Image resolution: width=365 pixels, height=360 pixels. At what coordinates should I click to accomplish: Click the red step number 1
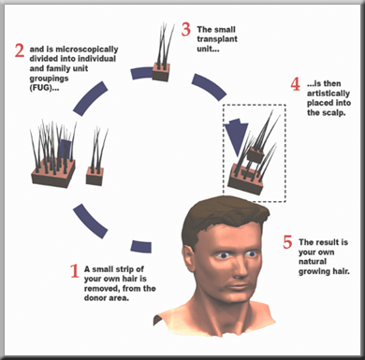[74, 271]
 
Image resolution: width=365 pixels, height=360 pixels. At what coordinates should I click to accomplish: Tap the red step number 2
[20, 50]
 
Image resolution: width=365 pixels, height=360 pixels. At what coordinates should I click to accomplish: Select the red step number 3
[186, 29]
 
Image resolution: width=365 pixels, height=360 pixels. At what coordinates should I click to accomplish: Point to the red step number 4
[295, 84]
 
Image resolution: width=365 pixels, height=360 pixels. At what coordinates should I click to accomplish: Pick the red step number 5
[287, 242]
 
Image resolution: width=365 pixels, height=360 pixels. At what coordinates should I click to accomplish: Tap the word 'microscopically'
[87, 50]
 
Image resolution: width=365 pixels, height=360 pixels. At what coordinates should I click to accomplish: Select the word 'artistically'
[328, 94]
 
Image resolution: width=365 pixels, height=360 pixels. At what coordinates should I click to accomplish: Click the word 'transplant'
[217, 39]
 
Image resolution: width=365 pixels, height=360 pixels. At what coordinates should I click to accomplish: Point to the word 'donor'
[95, 298]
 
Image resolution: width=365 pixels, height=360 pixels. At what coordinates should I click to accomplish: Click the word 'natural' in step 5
[313, 262]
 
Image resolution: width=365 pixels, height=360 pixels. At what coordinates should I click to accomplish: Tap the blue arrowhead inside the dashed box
[237, 137]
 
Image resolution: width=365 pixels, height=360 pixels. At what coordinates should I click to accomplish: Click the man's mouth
[238, 287]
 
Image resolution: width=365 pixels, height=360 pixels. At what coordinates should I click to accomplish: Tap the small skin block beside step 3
[161, 72]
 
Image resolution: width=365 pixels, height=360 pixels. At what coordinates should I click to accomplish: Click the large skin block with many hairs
[53, 174]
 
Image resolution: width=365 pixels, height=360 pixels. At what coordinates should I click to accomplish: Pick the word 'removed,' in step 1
[102, 289]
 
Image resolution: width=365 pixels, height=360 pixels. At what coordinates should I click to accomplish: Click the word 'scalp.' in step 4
[334, 113]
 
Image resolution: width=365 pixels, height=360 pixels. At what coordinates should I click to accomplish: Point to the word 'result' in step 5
[327, 242]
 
